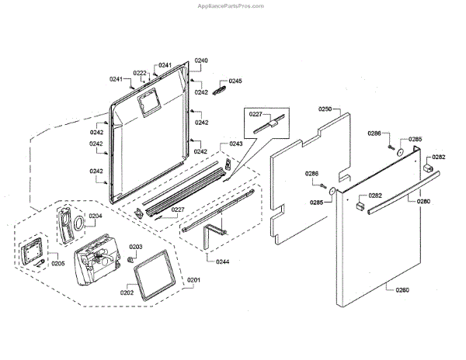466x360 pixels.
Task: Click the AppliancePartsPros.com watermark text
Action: tap(232, 5)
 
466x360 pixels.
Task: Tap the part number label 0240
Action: tap(201, 61)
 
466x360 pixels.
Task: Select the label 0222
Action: tap(140, 73)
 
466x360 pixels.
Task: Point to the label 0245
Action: tap(235, 81)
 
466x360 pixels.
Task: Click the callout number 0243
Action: tap(235, 144)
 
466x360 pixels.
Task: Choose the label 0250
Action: tap(325, 109)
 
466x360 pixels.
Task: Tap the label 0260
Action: tap(402, 290)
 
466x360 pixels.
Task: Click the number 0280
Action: tap(423, 202)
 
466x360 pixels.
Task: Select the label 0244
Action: tap(222, 261)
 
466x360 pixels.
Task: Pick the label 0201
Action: tap(193, 279)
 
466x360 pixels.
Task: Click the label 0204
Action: tap(95, 216)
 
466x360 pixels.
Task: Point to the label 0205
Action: tap(58, 263)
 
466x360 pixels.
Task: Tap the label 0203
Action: tap(135, 247)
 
